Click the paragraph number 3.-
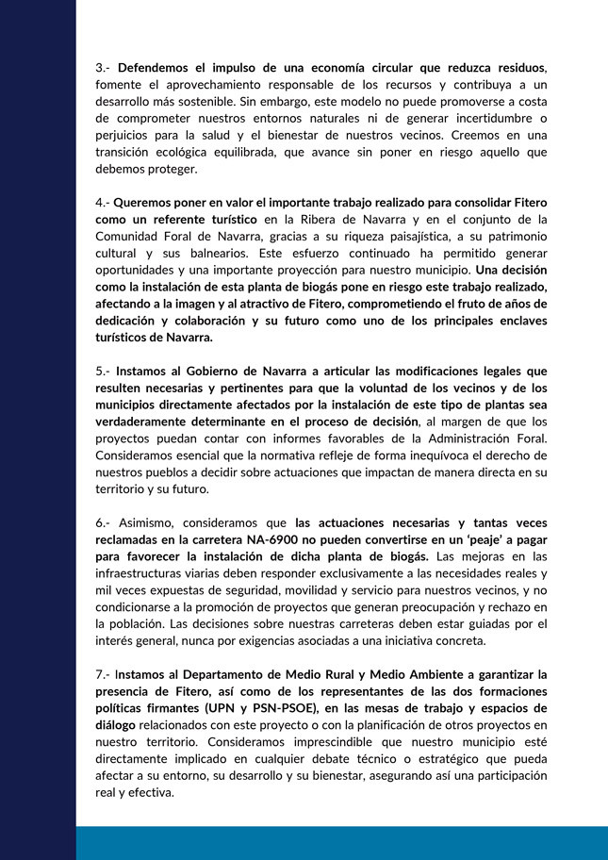coord(103,68)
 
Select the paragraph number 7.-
coord(103,674)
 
